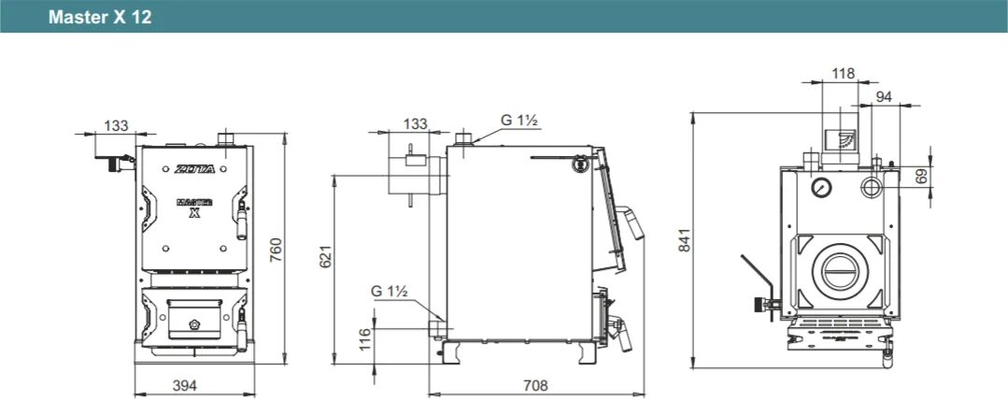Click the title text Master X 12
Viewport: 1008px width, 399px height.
tap(100, 18)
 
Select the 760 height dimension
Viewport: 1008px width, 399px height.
tap(276, 249)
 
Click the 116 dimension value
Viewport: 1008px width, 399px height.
tap(364, 336)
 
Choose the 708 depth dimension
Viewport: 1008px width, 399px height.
tap(535, 385)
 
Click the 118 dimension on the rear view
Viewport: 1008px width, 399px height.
tap(843, 73)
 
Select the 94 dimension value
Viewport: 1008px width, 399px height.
tap(884, 96)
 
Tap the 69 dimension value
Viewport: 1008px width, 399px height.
tap(923, 174)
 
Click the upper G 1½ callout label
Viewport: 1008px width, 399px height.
tap(519, 120)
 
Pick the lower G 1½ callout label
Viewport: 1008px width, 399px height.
tap(390, 292)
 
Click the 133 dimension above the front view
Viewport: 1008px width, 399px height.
tap(116, 125)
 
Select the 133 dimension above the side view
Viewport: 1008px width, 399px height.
tap(417, 123)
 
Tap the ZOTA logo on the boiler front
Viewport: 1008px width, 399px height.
tap(193, 170)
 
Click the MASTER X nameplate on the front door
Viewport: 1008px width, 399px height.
tap(194, 206)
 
